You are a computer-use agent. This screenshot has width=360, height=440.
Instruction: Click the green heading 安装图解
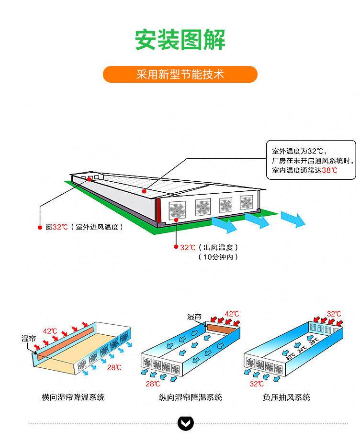[x=180, y=40]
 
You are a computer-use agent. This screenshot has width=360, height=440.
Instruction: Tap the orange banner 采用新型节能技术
[x=180, y=75]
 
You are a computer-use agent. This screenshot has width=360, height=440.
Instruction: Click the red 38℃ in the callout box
[x=329, y=170]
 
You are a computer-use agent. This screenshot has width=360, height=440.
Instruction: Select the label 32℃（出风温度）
[x=209, y=247]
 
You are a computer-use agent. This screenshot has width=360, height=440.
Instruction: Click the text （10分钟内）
[x=218, y=257]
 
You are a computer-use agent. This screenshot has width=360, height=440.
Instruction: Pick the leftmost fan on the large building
[x=177, y=209]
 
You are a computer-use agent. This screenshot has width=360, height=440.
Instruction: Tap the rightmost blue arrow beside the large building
[x=293, y=220]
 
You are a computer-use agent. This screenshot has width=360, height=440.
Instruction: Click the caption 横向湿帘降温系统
[x=73, y=397]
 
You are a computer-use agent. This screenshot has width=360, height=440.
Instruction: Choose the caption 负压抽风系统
[x=287, y=397]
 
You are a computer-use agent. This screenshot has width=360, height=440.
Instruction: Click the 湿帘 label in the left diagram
[x=29, y=339]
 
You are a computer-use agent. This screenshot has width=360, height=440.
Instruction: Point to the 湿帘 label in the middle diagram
[x=194, y=317]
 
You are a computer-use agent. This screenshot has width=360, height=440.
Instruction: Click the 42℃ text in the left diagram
[x=50, y=330]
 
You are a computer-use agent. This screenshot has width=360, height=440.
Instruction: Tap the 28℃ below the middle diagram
[x=153, y=384]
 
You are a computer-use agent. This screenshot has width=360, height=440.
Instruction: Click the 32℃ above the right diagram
[x=334, y=314]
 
